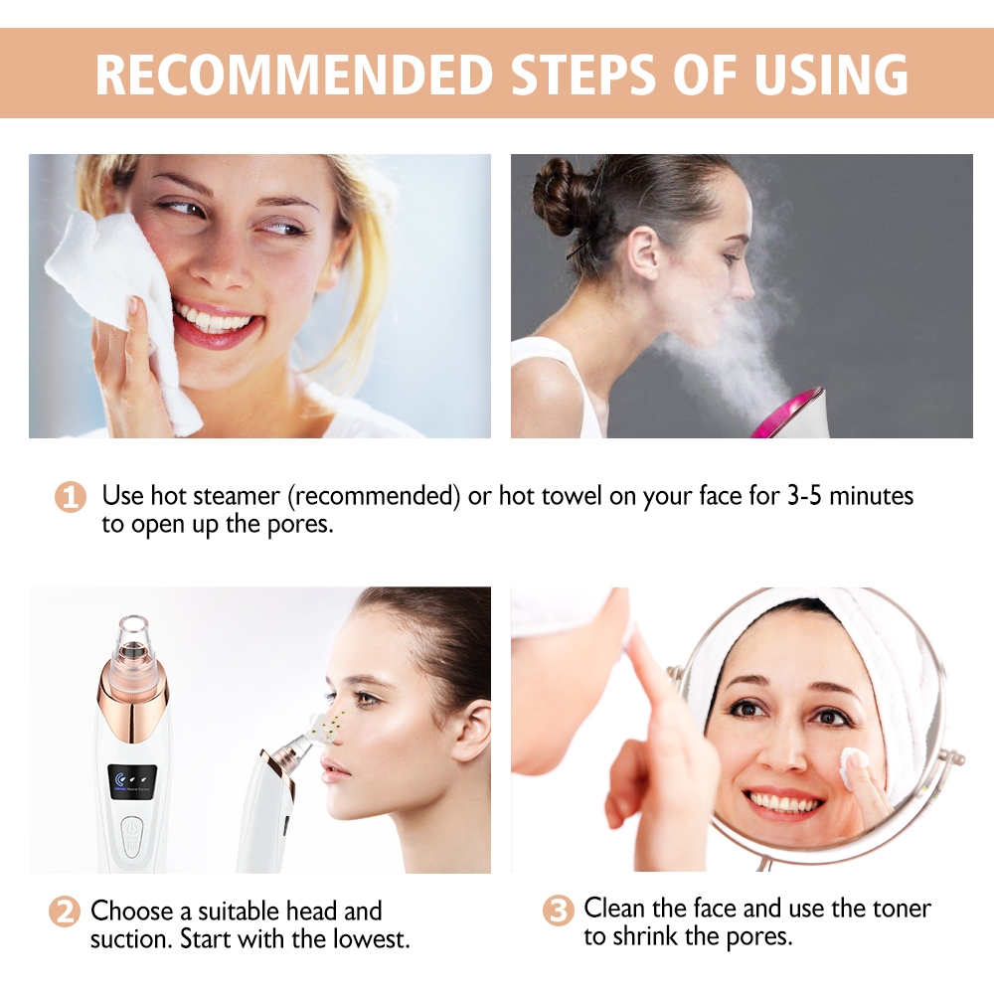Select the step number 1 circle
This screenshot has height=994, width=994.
coord(69,497)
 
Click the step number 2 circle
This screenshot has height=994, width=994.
coord(64,912)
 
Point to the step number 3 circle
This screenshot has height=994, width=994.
coord(558,910)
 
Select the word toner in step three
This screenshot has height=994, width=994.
coord(898,908)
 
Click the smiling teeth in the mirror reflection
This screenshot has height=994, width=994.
coord(785,800)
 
